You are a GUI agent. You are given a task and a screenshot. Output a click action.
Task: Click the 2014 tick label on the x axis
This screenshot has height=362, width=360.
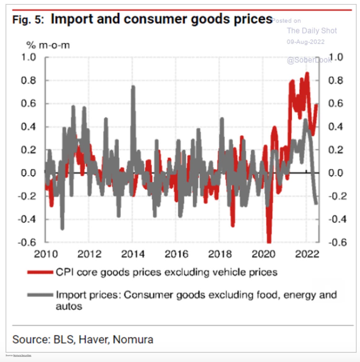133,254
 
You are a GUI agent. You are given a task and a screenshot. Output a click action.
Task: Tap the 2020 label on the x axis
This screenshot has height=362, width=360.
263,254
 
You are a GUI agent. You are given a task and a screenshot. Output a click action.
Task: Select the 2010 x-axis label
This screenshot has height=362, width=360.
46,254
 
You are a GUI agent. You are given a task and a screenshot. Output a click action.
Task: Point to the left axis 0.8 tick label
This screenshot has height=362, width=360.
29,81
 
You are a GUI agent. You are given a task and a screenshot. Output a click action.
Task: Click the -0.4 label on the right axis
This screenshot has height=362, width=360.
336,219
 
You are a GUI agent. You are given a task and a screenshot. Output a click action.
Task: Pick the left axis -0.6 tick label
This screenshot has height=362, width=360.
27,242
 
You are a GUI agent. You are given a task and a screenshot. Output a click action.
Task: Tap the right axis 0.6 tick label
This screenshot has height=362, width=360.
336,104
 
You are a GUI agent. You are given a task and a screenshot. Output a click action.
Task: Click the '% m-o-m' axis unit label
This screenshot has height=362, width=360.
48,45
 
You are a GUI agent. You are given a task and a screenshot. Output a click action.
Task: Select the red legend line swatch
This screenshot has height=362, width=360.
40,272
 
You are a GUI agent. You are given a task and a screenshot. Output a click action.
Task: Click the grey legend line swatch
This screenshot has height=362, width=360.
40,295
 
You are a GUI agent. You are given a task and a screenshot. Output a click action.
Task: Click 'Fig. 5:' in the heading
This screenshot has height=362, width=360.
28,20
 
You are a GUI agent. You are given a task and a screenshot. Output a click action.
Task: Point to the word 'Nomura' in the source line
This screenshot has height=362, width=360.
133,339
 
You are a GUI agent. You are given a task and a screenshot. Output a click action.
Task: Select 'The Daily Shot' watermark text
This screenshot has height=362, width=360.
312,31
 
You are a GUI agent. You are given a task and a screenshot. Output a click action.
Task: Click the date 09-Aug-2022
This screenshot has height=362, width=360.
305,42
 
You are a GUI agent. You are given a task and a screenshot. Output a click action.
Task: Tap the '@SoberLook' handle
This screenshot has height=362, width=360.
308,60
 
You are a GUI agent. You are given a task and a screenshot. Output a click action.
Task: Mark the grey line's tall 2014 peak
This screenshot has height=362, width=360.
133,87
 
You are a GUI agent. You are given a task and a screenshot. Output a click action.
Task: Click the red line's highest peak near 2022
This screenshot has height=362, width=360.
307,73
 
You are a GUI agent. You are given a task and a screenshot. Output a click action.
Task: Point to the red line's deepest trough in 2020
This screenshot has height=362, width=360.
269,242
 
